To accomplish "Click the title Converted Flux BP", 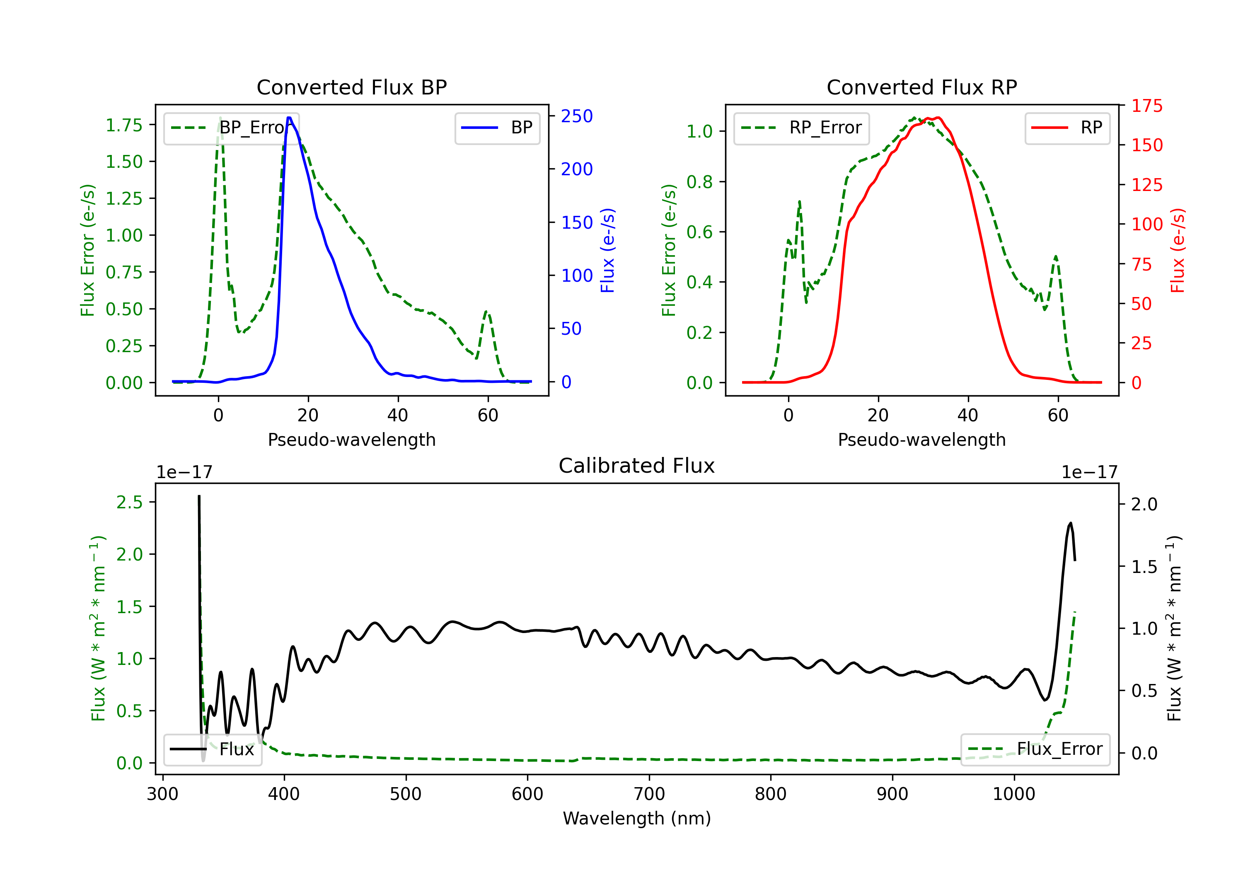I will click(351, 87).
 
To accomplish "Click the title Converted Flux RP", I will click(921, 87).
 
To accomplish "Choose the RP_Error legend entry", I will click(801, 128).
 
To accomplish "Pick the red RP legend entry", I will click(1067, 128).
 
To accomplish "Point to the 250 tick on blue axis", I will click(577, 116).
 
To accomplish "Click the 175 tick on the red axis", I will click(1146, 106).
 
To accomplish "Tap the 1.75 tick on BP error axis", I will click(124, 125).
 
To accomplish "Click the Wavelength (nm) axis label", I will click(637, 818).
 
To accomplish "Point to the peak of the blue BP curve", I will click(289, 118).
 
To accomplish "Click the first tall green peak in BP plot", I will click(220, 118).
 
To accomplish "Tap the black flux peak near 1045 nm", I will click(1070, 524).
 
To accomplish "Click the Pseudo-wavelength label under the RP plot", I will click(921, 440).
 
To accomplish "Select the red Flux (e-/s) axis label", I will click(1178, 250).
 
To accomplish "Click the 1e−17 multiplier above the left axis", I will click(184, 472).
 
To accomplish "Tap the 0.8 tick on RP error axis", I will click(699, 181).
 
